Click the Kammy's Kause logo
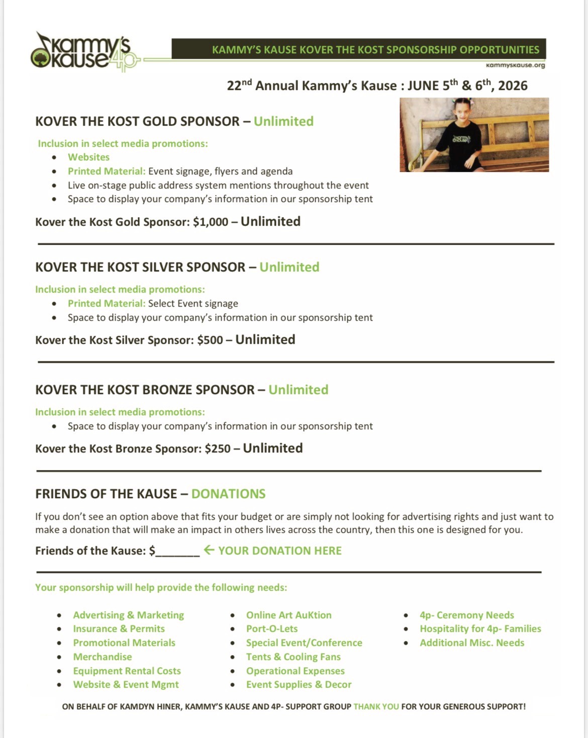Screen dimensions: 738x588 [x=83, y=52]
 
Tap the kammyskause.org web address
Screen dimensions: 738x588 [x=515, y=65]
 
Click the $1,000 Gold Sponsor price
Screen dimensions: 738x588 [x=211, y=222]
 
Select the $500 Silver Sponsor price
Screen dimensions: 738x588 [x=210, y=340]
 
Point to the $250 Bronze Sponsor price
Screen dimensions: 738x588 [x=218, y=449]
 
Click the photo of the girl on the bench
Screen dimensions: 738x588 [x=474, y=135]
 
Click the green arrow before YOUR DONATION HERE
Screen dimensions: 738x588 [x=209, y=550]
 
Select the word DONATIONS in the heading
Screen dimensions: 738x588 [x=228, y=494]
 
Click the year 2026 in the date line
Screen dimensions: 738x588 [x=513, y=86]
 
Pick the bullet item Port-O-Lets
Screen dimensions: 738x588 [x=272, y=629]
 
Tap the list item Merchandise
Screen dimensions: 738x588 [x=103, y=657]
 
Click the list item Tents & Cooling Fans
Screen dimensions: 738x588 [x=293, y=657]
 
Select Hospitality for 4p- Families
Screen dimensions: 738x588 [x=480, y=629]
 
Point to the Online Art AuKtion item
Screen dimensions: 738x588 [x=289, y=615]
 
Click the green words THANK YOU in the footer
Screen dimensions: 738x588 [x=376, y=707]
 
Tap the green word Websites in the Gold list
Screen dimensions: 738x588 [x=88, y=157]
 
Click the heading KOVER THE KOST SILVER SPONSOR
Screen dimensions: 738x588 [x=140, y=267]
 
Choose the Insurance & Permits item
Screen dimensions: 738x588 [x=119, y=629]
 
